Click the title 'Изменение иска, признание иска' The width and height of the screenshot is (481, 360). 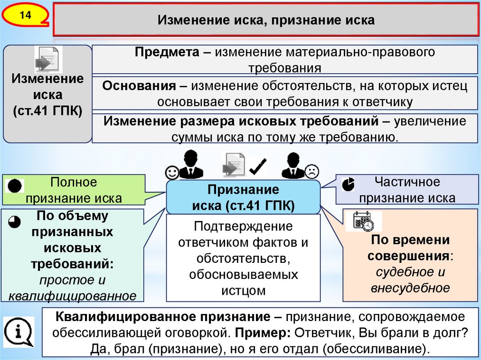tap(266, 21)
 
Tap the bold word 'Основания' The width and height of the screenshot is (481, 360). tap(137, 86)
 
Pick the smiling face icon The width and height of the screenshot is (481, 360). tap(172, 172)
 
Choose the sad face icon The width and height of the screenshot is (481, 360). tap(311, 171)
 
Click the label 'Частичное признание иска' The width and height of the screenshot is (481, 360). tap(407, 190)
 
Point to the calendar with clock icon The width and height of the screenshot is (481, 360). tap(364, 221)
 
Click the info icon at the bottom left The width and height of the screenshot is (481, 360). tap(19, 331)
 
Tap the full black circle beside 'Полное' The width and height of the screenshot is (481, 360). tap(14, 186)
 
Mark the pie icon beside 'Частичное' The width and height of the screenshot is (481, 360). tap(348, 184)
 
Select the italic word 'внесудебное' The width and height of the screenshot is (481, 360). tap(410, 288)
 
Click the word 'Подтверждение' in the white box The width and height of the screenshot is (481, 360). tap(243, 226)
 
